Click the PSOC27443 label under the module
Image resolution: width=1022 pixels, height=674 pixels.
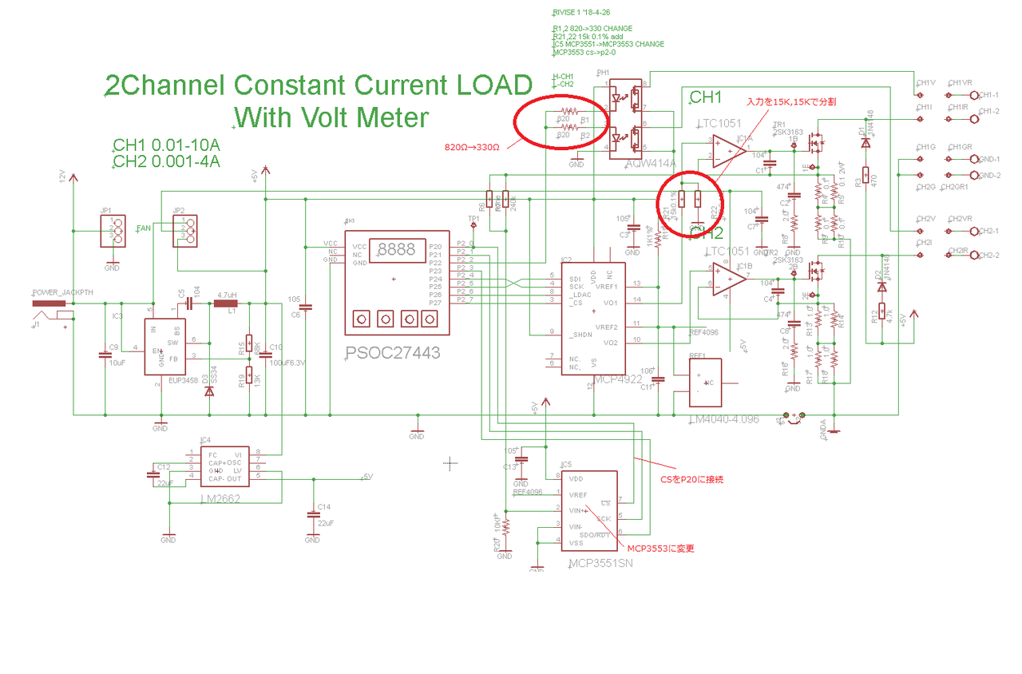(393, 352)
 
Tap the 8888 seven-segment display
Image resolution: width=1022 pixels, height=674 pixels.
(396, 249)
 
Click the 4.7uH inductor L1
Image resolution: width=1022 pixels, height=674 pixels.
(227, 303)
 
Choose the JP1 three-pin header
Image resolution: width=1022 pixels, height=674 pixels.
(117, 232)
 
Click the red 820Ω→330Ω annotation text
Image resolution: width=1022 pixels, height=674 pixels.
(473, 147)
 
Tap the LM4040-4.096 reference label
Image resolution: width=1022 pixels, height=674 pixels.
(723, 419)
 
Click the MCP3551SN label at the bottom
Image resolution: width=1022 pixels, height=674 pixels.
(600, 564)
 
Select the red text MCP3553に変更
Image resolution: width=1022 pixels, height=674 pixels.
(660, 549)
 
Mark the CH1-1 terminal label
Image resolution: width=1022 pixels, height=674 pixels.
(988, 94)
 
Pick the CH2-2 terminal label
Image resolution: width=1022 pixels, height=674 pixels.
(989, 256)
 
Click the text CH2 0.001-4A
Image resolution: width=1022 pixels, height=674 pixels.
(166, 161)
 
